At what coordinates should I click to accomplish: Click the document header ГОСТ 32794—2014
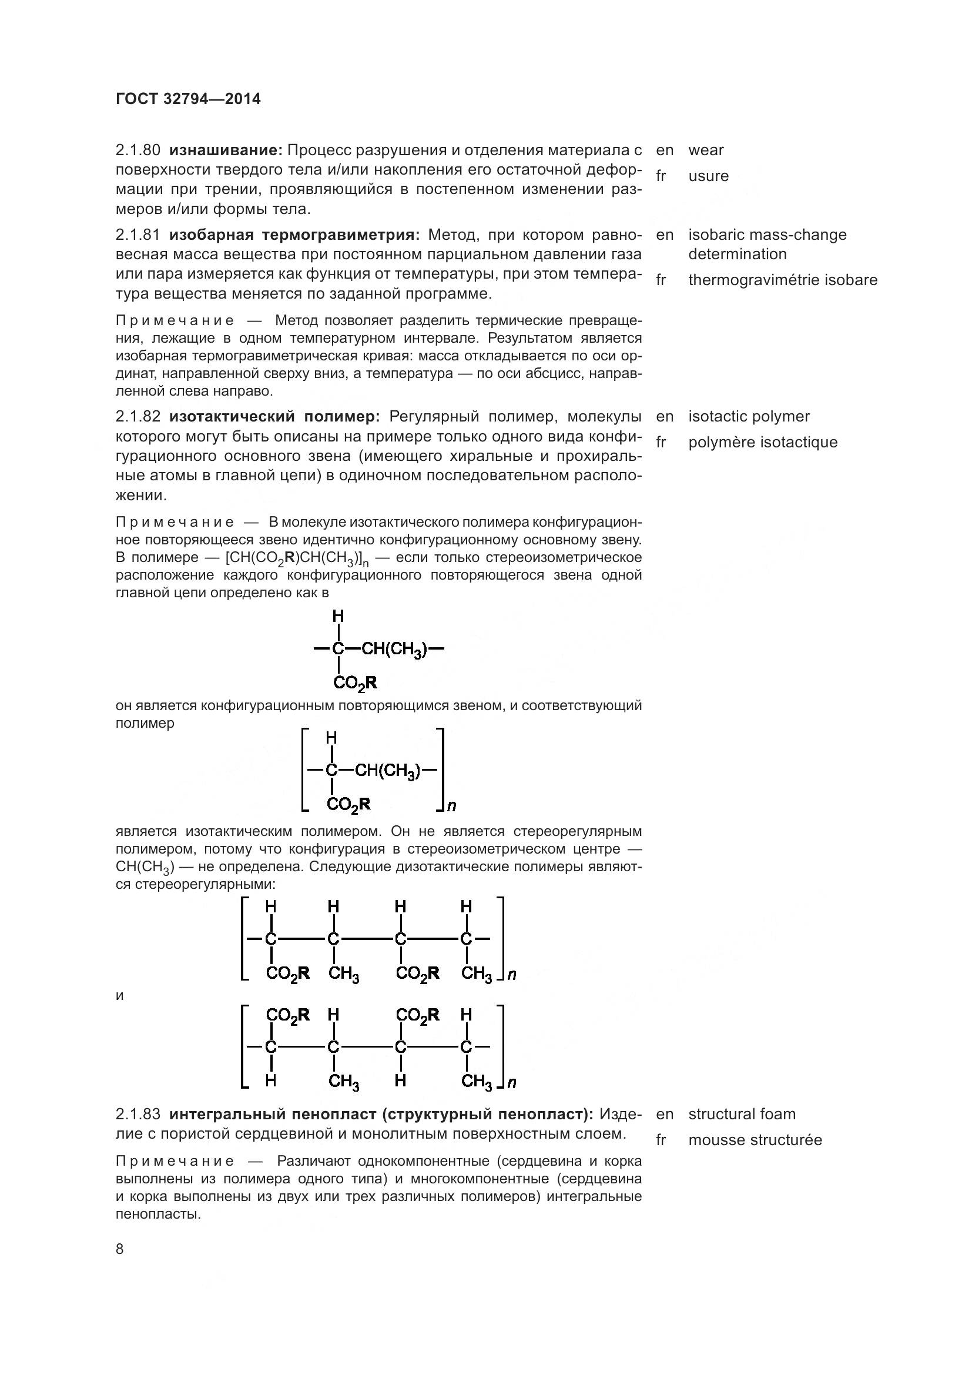[x=188, y=99]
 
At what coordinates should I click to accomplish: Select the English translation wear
[x=706, y=150]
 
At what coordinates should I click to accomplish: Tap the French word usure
[x=708, y=176]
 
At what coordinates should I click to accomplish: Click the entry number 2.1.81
[x=138, y=235]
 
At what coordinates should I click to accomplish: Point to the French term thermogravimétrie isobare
[x=782, y=280]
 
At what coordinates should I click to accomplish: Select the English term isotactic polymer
[x=748, y=416]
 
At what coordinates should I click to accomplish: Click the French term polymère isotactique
[x=762, y=442]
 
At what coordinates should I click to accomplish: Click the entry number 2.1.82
[x=138, y=416]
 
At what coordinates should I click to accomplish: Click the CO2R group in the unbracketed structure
[x=355, y=683]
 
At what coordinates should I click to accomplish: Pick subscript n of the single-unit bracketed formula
[x=452, y=806]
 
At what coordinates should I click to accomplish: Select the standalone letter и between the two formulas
[x=120, y=996]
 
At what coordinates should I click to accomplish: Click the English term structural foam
[x=742, y=1114]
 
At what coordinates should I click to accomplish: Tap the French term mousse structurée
[x=755, y=1140]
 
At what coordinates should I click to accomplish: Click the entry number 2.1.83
[x=138, y=1114]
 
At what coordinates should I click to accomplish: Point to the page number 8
[x=120, y=1249]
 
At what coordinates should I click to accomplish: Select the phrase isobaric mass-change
[x=767, y=235]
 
